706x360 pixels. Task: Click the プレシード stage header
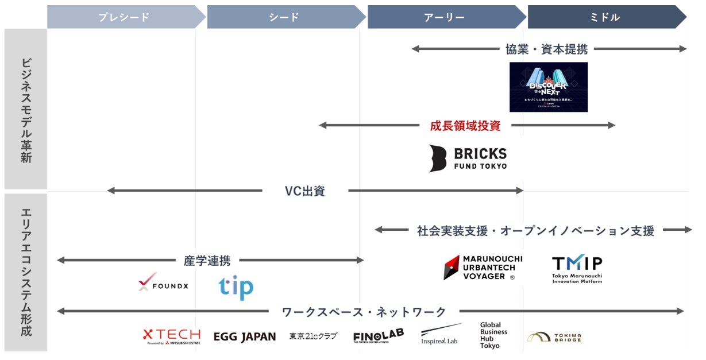tap(124, 17)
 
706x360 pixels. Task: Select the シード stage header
tap(284, 17)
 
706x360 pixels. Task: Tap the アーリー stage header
tap(444, 17)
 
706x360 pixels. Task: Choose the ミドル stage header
tap(604, 17)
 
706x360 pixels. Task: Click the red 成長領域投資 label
tap(465, 126)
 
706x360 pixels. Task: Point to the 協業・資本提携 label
tap(546, 49)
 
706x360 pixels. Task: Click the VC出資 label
tap(304, 191)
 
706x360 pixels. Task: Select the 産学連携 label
tap(207, 261)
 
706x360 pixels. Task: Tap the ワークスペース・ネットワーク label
tap(364, 312)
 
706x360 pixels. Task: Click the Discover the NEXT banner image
tap(548, 87)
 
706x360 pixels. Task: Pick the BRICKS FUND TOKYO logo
tap(468, 158)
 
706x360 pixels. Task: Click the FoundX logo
tap(163, 283)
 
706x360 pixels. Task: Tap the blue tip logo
tap(236, 287)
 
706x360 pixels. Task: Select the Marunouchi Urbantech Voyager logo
tap(480, 268)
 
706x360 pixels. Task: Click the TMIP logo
tap(577, 269)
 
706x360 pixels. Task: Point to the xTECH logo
tap(171, 336)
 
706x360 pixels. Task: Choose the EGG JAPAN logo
tap(244, 337)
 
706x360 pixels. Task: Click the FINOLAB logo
tap(378, 336)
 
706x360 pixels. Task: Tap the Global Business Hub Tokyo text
tap(493, 335)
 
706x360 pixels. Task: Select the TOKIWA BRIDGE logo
tap(554, 337)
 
